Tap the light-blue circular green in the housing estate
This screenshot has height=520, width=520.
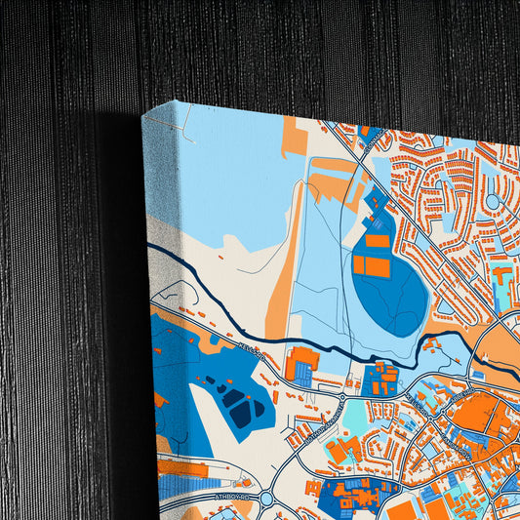[x=493, y=202]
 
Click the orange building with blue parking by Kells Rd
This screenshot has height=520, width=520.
[x=301, y=363]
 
